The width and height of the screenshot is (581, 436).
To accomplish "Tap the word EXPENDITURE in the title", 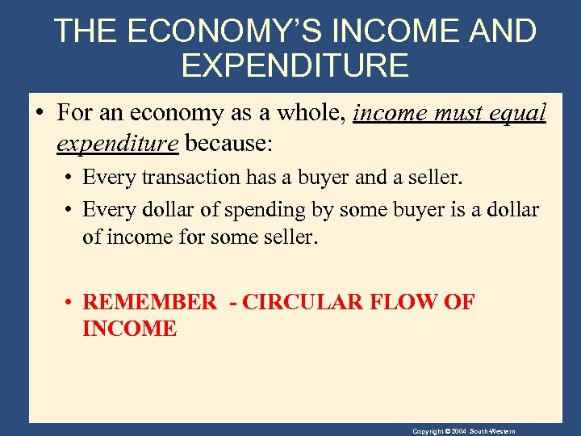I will pos(295,65).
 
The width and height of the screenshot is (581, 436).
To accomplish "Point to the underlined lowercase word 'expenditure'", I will pos(117,143).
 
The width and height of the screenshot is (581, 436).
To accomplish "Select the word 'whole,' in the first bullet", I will pos(307,113).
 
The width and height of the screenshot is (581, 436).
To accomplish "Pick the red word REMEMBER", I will pos(150,303).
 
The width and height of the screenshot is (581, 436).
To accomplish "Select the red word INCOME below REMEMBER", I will pos(129,329).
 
